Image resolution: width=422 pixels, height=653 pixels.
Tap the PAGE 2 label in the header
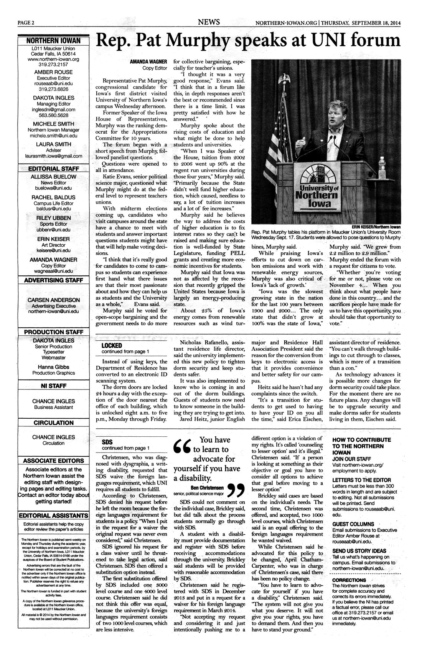click(x=26, y=23)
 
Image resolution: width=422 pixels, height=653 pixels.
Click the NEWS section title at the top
click(x=209, y=22)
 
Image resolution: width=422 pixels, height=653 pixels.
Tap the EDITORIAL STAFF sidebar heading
click(x=53, y=169)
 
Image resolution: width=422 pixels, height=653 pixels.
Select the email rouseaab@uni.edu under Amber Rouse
click(x=53, y=83)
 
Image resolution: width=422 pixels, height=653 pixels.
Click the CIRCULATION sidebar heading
click(x=53, y=423)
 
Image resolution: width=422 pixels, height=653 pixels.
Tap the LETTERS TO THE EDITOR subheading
click(x=361, y=480)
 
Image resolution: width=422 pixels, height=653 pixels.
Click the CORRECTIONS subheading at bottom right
click(x=349, y=580)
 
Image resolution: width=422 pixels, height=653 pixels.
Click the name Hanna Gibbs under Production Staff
click(x=53, y=367)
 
